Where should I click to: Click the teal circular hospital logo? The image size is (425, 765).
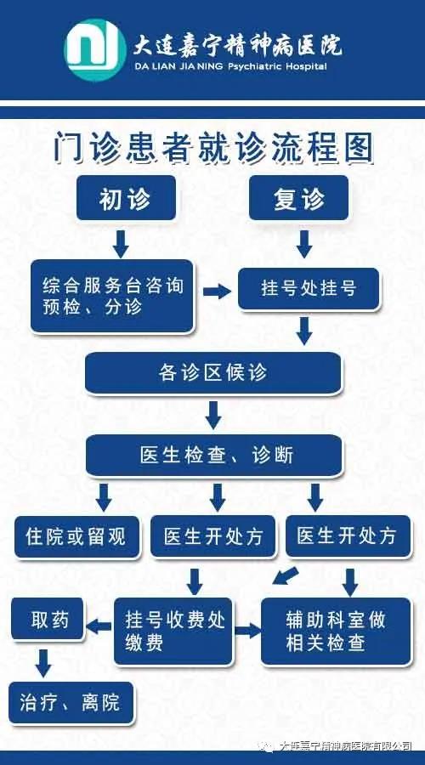click(95, 50)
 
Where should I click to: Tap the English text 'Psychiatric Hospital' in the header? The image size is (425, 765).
click(278, 66)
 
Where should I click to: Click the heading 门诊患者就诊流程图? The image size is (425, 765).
click(213, 147)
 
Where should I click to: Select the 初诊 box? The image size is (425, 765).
click(126, 198)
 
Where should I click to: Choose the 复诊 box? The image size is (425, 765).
click(298, 198)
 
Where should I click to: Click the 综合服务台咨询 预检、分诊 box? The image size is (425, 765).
click(112, 296)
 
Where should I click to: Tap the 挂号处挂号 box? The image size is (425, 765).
click(309, 288)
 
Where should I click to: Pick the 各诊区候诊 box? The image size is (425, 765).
click(213, 373)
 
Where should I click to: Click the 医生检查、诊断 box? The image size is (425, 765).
click(214, 456)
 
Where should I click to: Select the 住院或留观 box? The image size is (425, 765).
click(77, 536)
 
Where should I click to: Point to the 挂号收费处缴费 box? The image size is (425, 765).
click(173, 631)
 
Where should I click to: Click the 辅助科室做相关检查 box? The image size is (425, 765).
click(337, 632)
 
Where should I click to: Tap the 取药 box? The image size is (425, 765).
click(48, 619)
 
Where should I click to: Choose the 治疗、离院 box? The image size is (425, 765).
click(71, 703)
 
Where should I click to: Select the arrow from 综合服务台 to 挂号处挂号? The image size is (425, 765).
click(217, 292)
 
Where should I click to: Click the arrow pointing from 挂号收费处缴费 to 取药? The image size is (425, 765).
click(99, 626)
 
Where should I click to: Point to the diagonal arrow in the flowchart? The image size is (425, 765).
click(285, 575)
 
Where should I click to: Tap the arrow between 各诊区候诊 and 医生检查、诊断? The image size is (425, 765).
click(213, 415)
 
